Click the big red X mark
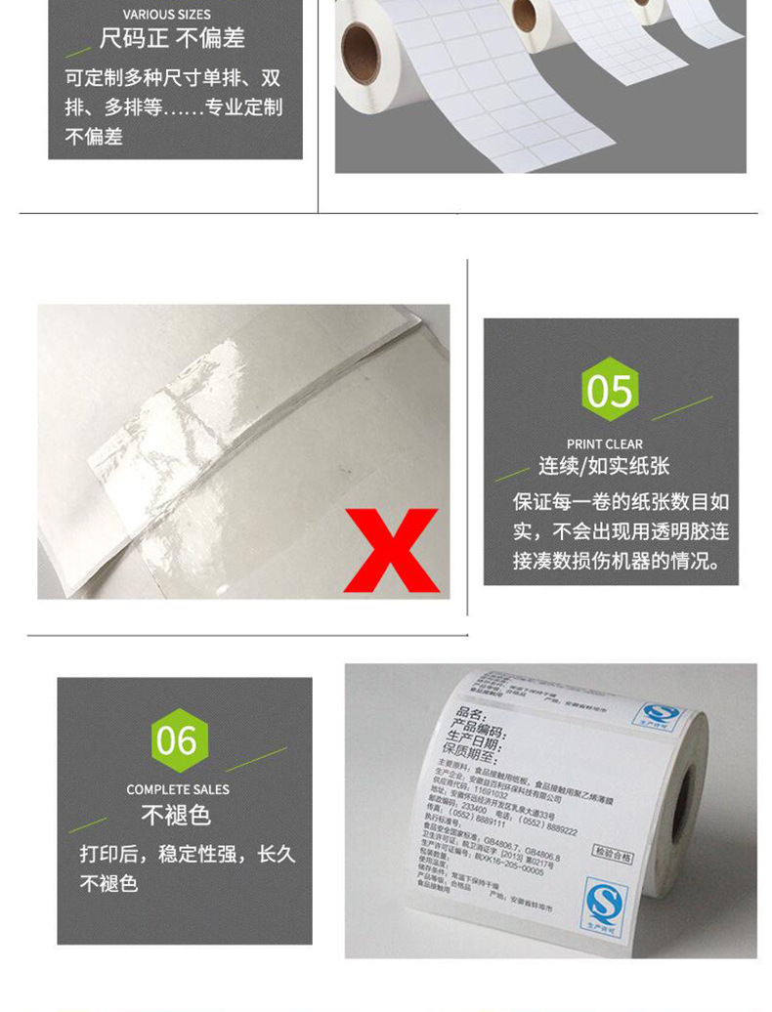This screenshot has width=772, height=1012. pyautogui.click(x=392, y=550)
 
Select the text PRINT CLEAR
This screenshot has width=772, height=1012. pyautogui.click(x=605, y=444)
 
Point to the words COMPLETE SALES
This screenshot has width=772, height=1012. pyautogui.click(x=178, y=789)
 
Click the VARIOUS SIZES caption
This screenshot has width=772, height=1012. pyautogui.click(x=167, y=15)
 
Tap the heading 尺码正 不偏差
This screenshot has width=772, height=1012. pyautogui.click(x=172, y=39)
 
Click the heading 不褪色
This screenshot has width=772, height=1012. pyautogui.click(x=176, y=815)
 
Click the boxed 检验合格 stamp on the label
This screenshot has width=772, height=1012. pyautogui.click(x=613, y=857)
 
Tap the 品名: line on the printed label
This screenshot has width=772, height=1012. pyautogui.click(x=472, y=715)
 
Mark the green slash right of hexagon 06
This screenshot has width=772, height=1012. pyautogui.click(x=256, y=759)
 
